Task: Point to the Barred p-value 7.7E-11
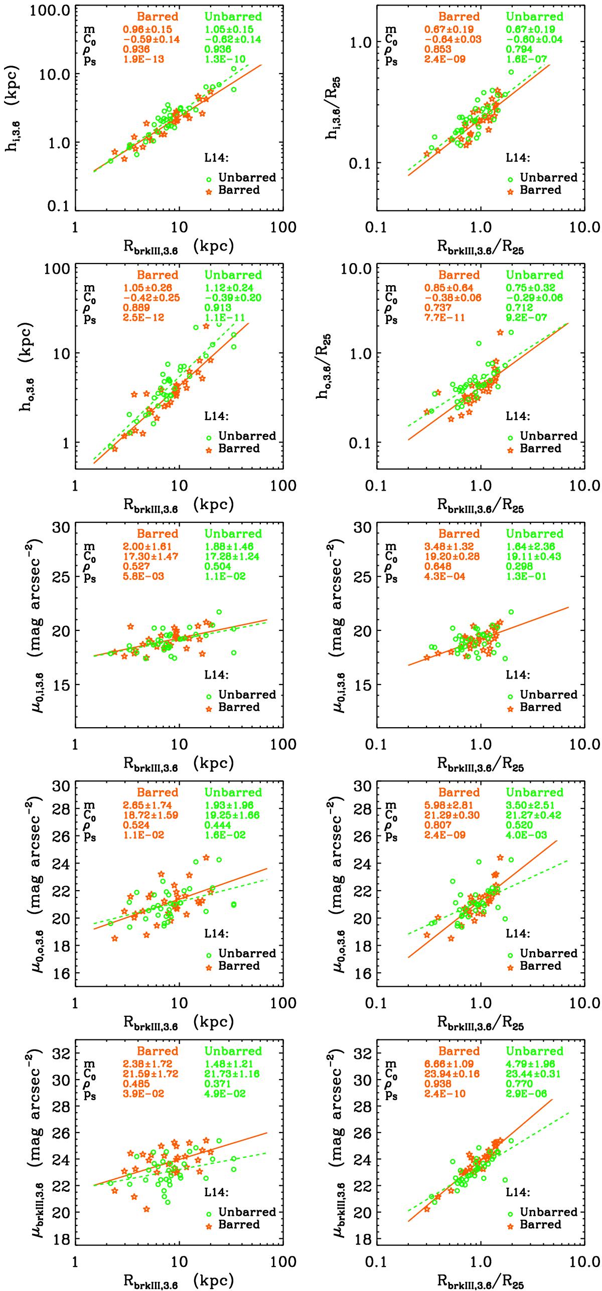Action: [445, 317]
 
